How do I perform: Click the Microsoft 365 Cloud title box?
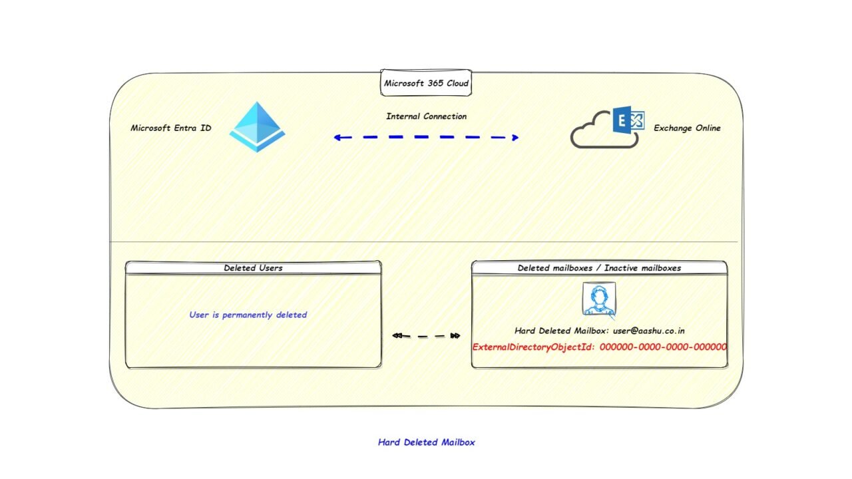tap(426, 82)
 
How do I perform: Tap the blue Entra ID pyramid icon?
tap(257, 127)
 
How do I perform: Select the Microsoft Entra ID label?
tap(171, 128)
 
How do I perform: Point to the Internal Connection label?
tap(427, 116)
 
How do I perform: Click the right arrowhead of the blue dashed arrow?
tap(515, 137)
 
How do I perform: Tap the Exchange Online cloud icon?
tap(608, 127)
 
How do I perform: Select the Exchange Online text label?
tap(687, 128)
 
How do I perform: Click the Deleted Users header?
tap(254, 267)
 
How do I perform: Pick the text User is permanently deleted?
tap(248, 315)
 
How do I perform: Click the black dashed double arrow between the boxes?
tap(426, 336)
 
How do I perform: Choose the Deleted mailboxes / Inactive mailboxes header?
tap(599, 267)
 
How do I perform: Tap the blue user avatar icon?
tap(599, 299)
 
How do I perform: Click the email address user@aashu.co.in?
tap(649, 331)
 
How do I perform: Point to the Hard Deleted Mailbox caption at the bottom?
tap(427, 442)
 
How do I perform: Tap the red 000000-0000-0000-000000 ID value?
tap(663, 347)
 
